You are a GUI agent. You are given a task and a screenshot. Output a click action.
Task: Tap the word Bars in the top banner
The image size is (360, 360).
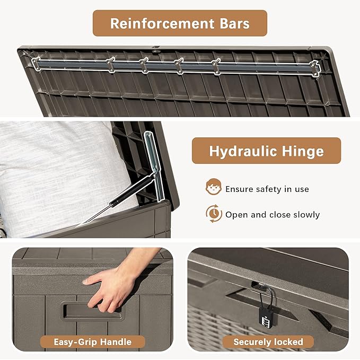coord(235,23)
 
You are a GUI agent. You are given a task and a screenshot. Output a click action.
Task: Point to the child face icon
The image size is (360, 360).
coord(214,187)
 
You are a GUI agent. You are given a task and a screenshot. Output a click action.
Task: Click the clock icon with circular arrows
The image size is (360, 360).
coord(214,214)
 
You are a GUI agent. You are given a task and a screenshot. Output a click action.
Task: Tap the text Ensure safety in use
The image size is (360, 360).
coord(267,189)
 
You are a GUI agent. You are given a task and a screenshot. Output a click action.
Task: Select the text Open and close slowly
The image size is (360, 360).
coord(273,215)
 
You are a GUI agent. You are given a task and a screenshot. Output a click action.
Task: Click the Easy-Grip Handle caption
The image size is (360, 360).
coord(93,342)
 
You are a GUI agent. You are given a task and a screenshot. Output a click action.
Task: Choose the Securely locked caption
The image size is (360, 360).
coord(268,342)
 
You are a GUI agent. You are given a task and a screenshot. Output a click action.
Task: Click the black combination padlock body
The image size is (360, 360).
coord(268,317)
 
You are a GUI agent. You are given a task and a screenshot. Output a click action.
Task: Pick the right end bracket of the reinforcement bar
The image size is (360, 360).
coord(314,68)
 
